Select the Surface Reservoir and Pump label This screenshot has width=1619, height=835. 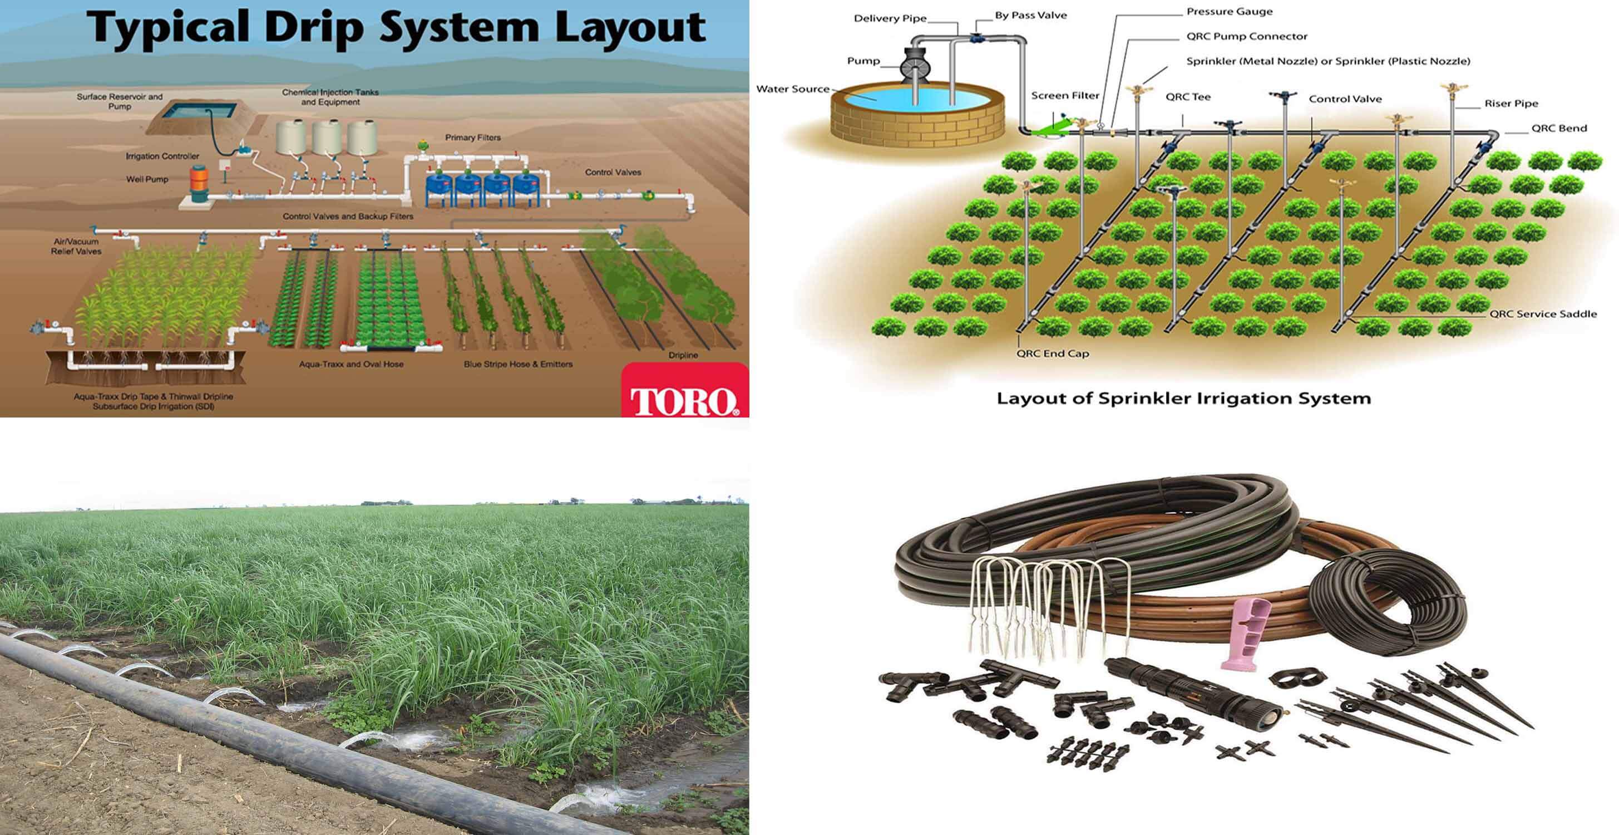click(x=120, y=101)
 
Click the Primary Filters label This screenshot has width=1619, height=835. click(x=473, y=137)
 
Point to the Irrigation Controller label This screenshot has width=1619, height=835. click(x=162, y=156)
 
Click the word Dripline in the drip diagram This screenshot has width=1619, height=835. click(x=683, y=355)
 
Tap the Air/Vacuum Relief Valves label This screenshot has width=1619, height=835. click(x=76, y=247)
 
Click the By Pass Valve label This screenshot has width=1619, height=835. click(x=1031, y=15)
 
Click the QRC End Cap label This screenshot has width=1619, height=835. click(x=1052, y=353)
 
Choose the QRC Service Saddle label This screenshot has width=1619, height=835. click(x=1543, y=314)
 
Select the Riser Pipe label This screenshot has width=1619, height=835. click(x=1511, y=103)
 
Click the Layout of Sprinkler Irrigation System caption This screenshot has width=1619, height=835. click(x=1183, y=399)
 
